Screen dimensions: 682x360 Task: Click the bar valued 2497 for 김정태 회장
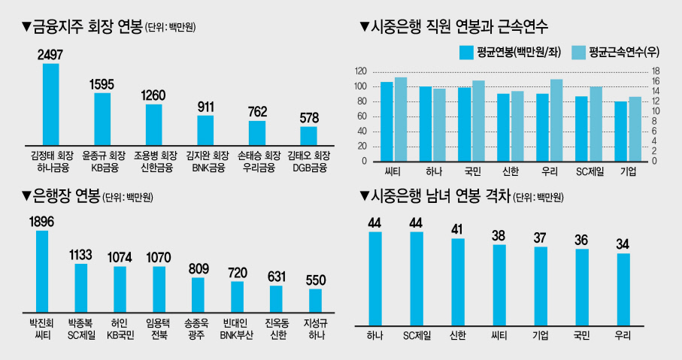click(51, 104)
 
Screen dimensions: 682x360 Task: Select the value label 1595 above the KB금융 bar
click(102, 84)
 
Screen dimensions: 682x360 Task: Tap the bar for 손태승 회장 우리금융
click(257, 133)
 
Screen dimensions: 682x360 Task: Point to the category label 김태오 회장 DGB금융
click(309, 162)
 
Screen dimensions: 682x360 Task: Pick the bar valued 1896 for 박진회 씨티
click(42, 271)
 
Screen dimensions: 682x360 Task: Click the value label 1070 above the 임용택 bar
click(159, 257)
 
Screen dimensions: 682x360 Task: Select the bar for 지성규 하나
click(315, 301)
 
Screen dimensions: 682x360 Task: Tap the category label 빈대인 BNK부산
click(236, 329)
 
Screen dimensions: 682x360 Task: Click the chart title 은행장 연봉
click(66, 196)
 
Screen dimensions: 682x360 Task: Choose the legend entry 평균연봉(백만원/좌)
click(511, 53)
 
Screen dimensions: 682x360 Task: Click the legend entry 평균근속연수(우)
click(615, 53)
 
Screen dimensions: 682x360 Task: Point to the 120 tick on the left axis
click(361, 71)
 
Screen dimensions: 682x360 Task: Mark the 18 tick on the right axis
click(655, 71)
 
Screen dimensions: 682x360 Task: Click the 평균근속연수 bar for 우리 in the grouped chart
click(556, 120)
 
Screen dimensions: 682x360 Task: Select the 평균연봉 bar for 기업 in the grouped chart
click(620, 132)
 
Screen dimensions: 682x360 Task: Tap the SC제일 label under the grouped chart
click(590, 172)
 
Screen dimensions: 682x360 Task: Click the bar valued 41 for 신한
click(458, 282)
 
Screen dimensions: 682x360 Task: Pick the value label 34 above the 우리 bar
click(623, 244)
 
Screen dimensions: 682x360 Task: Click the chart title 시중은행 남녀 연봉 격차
click(440, 196)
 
